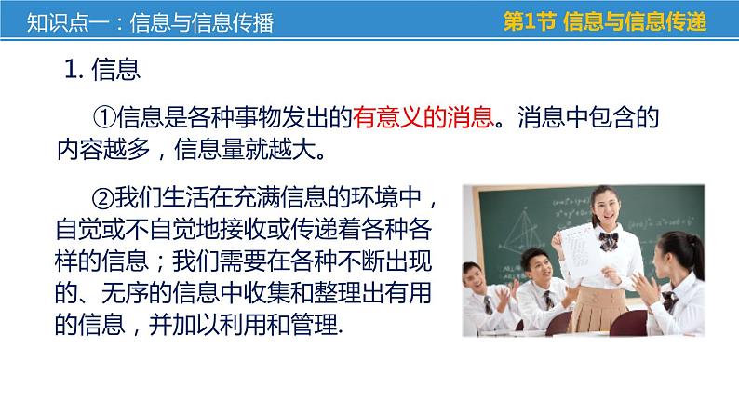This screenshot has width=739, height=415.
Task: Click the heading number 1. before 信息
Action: pos(77,70)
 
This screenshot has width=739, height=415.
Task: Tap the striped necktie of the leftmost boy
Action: pos(487,306)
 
